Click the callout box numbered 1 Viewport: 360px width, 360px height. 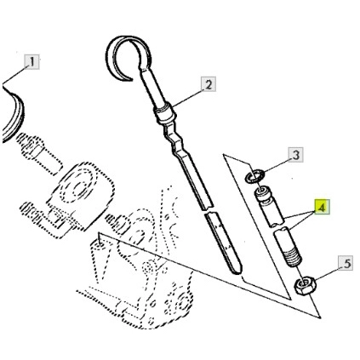click(x=31, y=62)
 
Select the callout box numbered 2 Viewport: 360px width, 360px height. click(x=209, y=84)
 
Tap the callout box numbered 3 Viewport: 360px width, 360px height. click(x=296, y=155)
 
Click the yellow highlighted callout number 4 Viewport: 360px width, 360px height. click(x=322, y=207)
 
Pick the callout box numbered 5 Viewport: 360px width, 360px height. click(x=346, y=264)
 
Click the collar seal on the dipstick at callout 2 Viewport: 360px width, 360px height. click(x=165, y=113)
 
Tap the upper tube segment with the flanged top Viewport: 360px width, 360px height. click(x=269, y=206)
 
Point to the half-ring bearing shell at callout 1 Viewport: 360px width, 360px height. click(x=14, y=113)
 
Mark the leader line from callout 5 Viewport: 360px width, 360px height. click(x=325, y=273)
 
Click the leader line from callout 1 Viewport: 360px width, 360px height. click(x=14, y=74)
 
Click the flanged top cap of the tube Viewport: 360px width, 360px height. click(x=263, y=194)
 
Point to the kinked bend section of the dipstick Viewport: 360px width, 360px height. click(x=174, y=139)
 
